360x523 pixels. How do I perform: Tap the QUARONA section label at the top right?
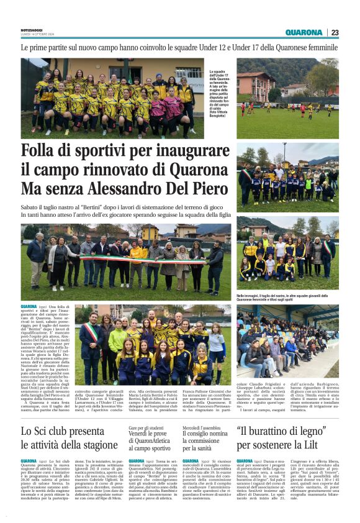click(304, 32)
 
